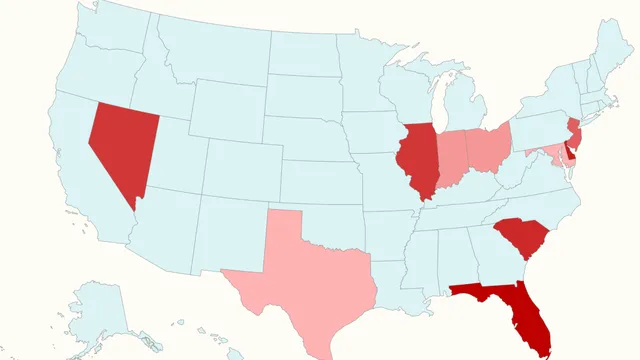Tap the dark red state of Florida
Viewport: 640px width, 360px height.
pos(520,310)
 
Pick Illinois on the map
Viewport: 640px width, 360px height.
pos(418,160)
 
